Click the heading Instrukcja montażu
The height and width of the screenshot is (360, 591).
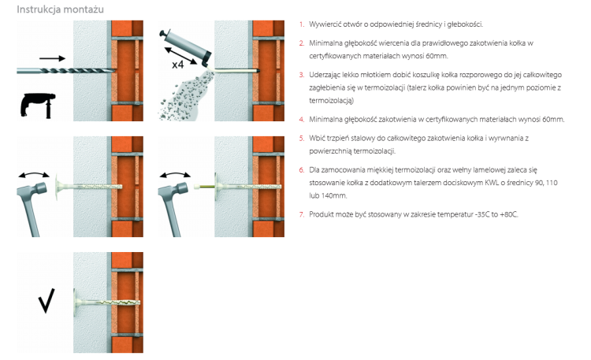point(61,9)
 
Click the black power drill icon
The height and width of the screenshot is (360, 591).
point(38,106)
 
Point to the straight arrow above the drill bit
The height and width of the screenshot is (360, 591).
point(52,58)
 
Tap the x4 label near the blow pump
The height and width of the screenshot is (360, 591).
point(177,65)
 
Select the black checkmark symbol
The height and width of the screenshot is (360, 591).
point(46,300)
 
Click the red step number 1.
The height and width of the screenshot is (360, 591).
point(302,24)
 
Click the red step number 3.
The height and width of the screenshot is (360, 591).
point(302,75)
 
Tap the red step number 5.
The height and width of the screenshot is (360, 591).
point(302,139)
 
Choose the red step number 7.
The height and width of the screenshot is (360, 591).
point(302,214)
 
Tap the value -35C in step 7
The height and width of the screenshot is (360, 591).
point(482,214)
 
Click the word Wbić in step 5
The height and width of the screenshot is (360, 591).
point(317,139)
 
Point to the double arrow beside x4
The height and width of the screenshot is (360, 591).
point(181,55)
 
